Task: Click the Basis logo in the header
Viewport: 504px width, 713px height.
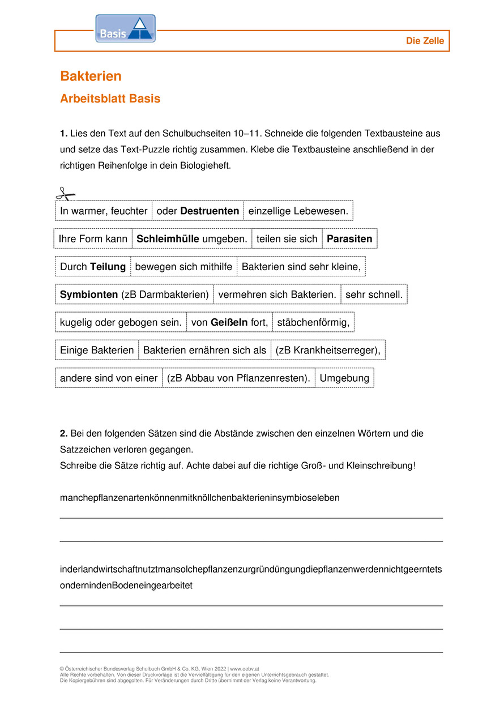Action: click(125, 29)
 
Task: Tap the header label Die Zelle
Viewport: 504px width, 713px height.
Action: click(425, 41)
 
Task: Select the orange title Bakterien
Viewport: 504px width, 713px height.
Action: click(91, 76)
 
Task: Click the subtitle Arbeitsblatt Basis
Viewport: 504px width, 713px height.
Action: click(110, 99)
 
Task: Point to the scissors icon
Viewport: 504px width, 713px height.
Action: click(66, 194)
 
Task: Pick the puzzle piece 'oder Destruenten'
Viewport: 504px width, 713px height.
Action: click(198, 211)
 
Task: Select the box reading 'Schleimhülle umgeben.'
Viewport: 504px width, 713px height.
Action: click(192, 238)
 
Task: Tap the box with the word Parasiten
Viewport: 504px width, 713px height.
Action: click(349, 238)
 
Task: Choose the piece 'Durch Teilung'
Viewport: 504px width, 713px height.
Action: click(93, 266)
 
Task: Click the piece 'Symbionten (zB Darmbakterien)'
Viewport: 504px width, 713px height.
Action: click(134, 294)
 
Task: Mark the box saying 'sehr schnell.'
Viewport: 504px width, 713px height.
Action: click(374, 294)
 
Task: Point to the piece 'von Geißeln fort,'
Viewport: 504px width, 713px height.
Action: click(229, 322)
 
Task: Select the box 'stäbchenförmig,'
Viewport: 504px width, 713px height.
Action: click(313, 322)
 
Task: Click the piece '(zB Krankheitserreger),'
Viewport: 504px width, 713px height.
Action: click(328, 350)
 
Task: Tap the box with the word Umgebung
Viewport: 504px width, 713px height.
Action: click(344, 378)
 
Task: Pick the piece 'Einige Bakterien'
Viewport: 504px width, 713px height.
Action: click(97, 350)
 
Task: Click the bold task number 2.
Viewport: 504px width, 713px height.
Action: click(63, 433)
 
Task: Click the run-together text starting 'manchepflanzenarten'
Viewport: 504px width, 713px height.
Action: click(199, 498)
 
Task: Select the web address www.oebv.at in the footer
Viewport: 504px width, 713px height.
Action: click(245, 669)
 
